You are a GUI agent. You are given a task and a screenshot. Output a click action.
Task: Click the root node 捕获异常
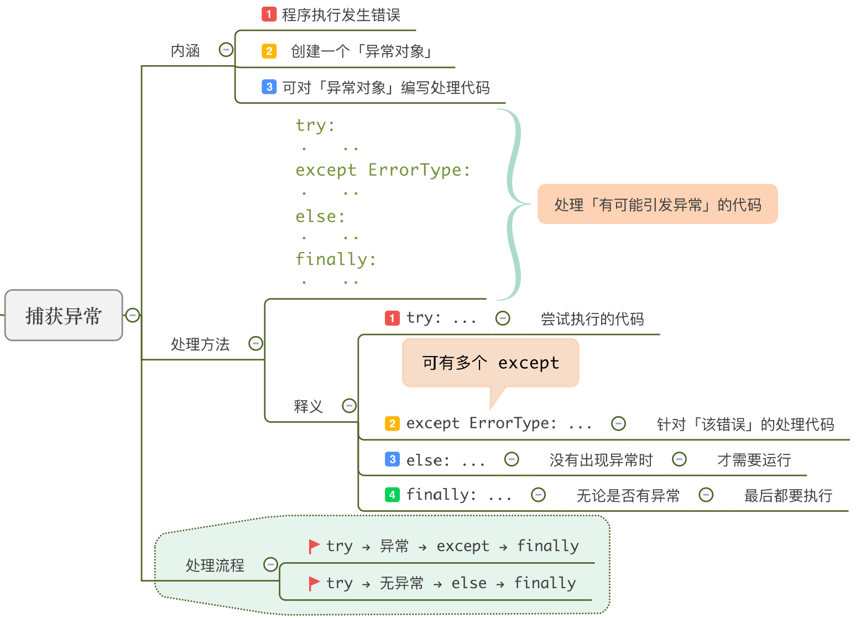[x=64, y=315]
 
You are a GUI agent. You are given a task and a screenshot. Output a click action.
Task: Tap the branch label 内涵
[x=185, y=51]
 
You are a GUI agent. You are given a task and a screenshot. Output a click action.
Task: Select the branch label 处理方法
[x=200, y=344]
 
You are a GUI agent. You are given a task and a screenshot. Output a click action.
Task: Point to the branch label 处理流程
[x=215, y=565]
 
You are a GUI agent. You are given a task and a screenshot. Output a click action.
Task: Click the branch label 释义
[x=308, y=407]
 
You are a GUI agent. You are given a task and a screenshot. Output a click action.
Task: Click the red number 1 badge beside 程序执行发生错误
[x=269, y=14]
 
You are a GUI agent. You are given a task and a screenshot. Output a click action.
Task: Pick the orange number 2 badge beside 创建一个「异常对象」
[x=269, y=51]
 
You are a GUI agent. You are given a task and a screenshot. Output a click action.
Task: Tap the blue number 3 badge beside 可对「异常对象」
[x=269, y=87]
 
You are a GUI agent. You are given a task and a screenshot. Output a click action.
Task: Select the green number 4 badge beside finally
[x=392, y=495]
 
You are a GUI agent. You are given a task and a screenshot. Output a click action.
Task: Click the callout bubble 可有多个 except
[x=491, y=363]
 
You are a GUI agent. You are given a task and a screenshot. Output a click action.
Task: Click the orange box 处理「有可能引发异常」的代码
[x=658, y=205]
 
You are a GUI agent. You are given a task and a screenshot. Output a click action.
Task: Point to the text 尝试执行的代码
[x=592, y=319]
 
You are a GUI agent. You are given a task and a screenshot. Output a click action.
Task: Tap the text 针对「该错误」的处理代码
[x=745, y=425]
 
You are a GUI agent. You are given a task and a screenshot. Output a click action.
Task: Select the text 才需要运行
[x=754, y=460]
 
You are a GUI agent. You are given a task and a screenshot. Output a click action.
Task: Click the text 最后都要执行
[x=788, y=495]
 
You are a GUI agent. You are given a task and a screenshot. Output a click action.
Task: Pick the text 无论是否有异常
[x=628, y=495]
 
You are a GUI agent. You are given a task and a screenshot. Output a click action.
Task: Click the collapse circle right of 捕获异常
[x=133, y=315]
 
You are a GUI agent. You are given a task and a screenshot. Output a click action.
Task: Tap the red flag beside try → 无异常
[x=314, y=583]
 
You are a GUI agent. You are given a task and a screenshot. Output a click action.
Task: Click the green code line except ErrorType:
[x=383, y=170]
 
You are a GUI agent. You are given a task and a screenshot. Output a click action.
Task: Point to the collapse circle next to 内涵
[x=226, y=50]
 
